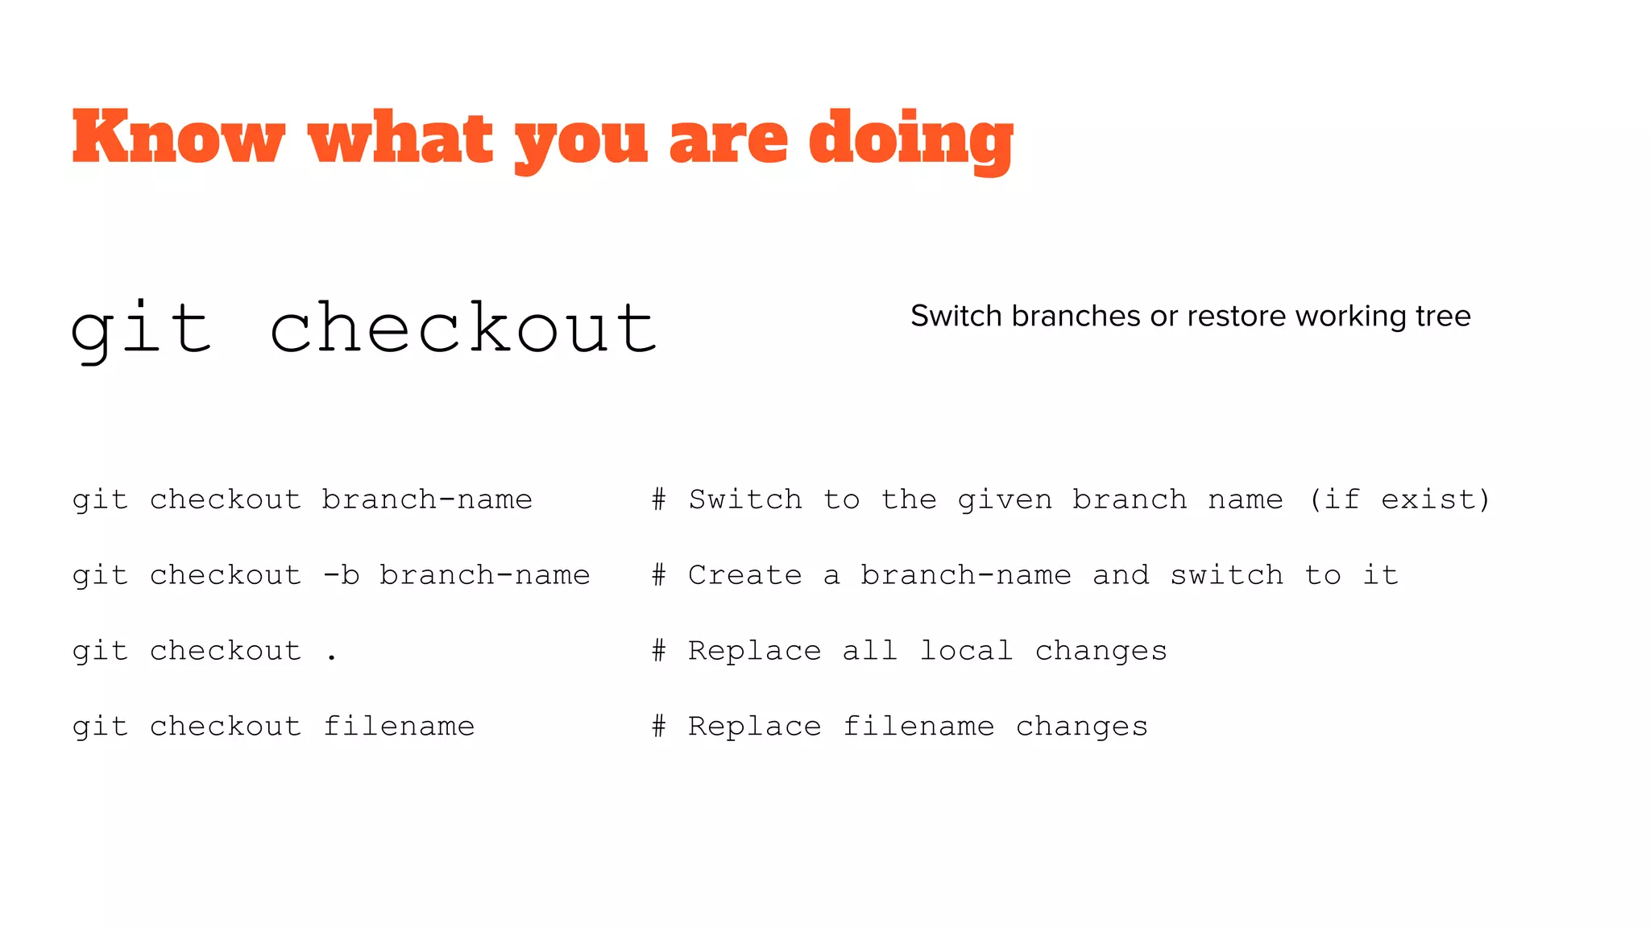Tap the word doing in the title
(910, 139)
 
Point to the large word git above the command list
(142, 329)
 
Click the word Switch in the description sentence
(956, 316)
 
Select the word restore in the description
(1237, 316)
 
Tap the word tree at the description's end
(1443, 316)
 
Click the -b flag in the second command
(341, 575)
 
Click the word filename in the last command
(399, 727)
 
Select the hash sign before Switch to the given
(659, 499)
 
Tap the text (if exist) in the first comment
(1399, 499)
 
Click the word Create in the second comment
(745, 575)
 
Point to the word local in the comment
(967, 651)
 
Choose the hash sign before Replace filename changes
(659, 727)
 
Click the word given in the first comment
(1005, 499)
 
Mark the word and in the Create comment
(1121, 575)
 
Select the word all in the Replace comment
(870, 651)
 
